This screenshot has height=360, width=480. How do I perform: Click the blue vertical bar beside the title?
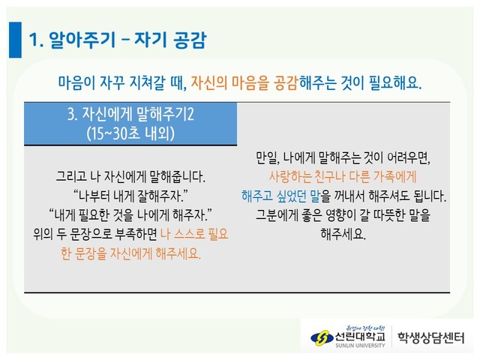tap(15, 40)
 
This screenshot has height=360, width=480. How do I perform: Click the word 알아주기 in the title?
tap(82, 40)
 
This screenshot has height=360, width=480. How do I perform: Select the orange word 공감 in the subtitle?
tap(286, 82)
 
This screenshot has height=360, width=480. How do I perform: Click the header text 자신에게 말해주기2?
tap(138, 115)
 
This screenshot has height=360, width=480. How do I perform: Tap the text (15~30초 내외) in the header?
tap(130, 133)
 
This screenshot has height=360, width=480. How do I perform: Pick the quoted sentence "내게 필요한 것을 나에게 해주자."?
tap(130, 215)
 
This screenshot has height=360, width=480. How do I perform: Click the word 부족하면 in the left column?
tap(136, 235)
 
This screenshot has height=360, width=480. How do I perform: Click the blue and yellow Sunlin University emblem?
tap(322, 338)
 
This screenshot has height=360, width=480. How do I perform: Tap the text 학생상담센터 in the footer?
tap(431, 338)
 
